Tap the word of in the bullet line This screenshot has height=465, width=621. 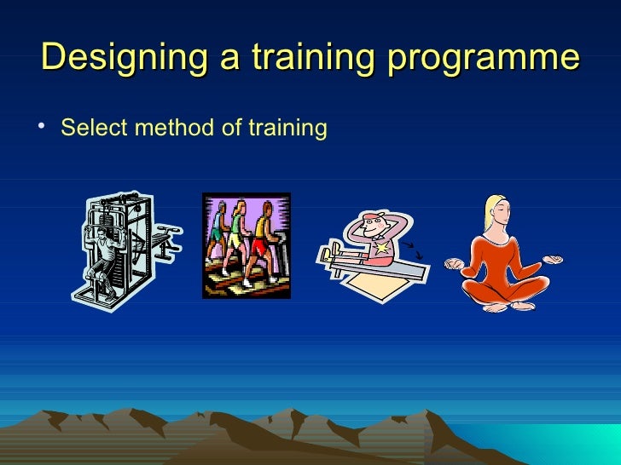[212, 129]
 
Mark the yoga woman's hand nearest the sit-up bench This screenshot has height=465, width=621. [456, 265]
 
